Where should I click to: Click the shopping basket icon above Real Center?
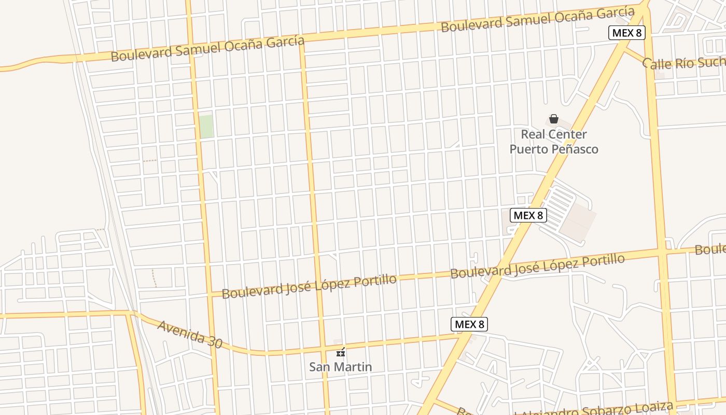point(554,119)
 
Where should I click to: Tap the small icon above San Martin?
point(340,352)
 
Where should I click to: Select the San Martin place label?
point(340,367)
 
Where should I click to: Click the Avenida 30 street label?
point(190,334)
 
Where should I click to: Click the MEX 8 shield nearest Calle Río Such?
point(626,33)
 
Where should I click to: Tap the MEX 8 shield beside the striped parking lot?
point(528,215)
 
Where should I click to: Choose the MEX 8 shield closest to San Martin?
point(469,324)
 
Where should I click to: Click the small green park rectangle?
point(206,127)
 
